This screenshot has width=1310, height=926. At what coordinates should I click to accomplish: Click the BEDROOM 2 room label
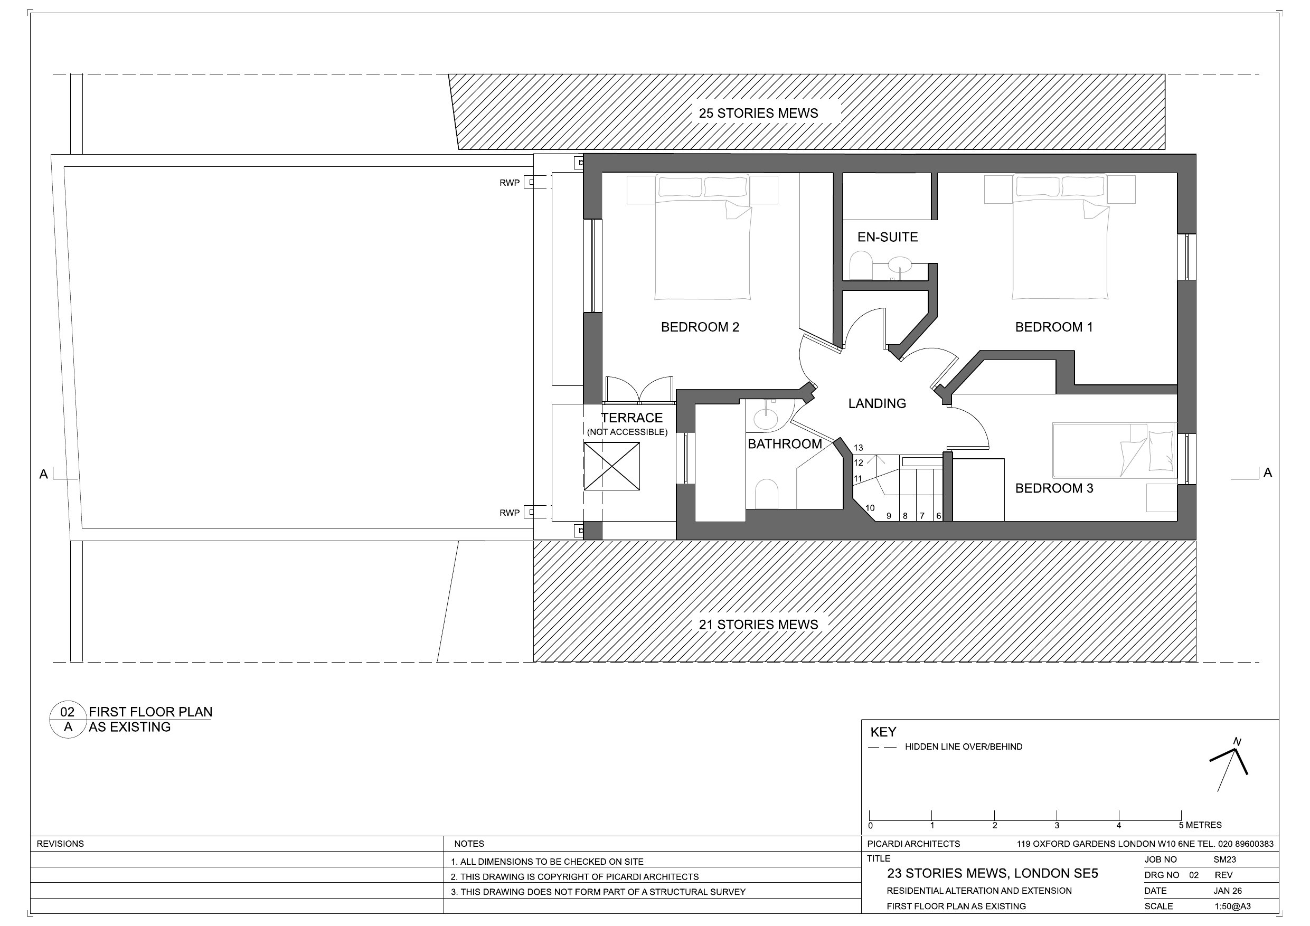[700, 327]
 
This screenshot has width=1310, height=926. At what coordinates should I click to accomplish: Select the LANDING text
[877, 404]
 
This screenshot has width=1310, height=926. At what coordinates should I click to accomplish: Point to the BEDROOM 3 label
[1054, 488]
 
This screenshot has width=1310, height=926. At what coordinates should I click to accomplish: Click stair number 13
[858, 448]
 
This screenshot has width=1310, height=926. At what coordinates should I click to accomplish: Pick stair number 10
[870, 508]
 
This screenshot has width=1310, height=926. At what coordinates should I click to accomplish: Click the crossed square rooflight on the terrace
[611, 466]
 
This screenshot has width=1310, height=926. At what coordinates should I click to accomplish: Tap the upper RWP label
[510, 183]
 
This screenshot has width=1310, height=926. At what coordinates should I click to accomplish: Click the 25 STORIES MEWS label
[758, 113]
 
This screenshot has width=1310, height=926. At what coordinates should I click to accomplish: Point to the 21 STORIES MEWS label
[758, 625]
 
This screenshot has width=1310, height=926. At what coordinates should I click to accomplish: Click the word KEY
[883, 732]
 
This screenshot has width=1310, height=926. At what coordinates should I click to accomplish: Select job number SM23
[1224, 860]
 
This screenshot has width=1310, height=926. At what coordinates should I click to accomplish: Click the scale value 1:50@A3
[1232, 906]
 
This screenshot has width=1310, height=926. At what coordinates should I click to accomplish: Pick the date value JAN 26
[1227, 891]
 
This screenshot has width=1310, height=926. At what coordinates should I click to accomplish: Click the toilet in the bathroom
[766, 494]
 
